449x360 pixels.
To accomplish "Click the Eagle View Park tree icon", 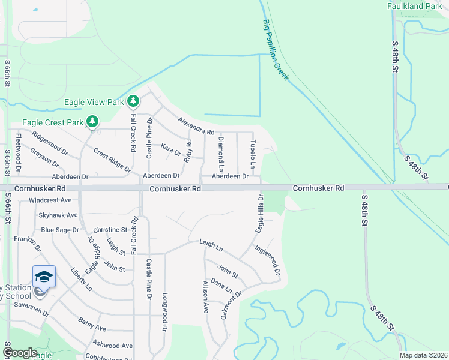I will [x=133, y=102].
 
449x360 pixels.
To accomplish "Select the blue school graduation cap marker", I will [x=44, y=277].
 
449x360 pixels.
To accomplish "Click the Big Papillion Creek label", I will [x=276, y=50].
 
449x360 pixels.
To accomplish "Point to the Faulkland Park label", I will [x=414, y=6].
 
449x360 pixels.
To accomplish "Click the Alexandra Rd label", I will [x=196, y=125].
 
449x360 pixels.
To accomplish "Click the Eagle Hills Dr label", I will [x=260, y=214].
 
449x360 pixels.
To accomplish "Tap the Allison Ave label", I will [x=205, y=295].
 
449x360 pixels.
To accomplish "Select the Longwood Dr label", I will [x=164, y=312].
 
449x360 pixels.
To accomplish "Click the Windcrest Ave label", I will [x=50, y=200].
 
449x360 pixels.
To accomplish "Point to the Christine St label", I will [x=110, y=230].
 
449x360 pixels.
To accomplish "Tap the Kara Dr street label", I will [x=171, y=149].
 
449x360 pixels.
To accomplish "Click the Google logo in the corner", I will [x=20, y=353].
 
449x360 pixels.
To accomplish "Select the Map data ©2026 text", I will [x=424, y=355].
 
